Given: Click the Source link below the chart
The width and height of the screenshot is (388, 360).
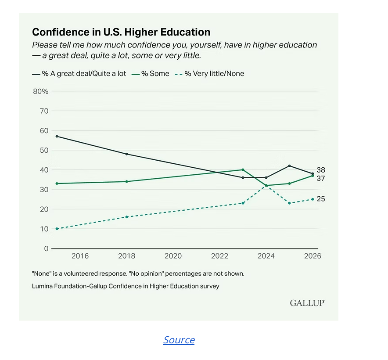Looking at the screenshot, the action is (x=179, y=340).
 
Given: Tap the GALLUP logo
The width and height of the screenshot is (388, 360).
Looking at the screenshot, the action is (x=307, y=303).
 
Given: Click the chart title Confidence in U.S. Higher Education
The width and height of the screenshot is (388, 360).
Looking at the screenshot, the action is (x=121, y=32).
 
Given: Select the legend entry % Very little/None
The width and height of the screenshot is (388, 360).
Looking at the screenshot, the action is (x=209, y=73).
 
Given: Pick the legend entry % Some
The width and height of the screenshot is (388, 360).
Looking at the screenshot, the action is (x=151, y=73).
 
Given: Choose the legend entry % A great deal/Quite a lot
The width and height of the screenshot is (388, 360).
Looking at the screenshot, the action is (x=79, y=73).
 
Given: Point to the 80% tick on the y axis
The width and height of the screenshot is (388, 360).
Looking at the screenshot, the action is (x=40, y=91).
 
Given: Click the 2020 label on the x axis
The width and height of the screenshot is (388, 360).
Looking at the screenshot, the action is (x=173, y=256).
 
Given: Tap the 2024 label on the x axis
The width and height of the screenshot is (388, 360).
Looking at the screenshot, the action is (x=266, y=256).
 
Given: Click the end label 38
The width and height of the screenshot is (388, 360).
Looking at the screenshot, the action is (x=321, y=170).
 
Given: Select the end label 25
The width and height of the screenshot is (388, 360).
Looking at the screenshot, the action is (x=321, y=199).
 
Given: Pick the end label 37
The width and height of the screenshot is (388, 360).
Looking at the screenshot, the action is (x=321, y=178).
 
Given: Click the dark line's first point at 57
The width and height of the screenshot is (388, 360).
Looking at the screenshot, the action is (x=57, y=137).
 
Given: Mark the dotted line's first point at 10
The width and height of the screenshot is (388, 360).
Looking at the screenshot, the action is (x=57, y=229).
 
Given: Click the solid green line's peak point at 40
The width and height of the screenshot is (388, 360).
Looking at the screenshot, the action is (x=243, y=170).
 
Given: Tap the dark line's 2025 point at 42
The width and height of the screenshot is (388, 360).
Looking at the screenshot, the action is (x=289, y=166).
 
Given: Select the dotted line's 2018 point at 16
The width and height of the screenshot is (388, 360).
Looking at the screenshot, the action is (x=127, y=217).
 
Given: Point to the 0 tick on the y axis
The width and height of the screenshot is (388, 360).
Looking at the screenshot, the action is (x=46, y=248).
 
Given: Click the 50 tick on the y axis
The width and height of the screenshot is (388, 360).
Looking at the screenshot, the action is (x=44, y=150).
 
